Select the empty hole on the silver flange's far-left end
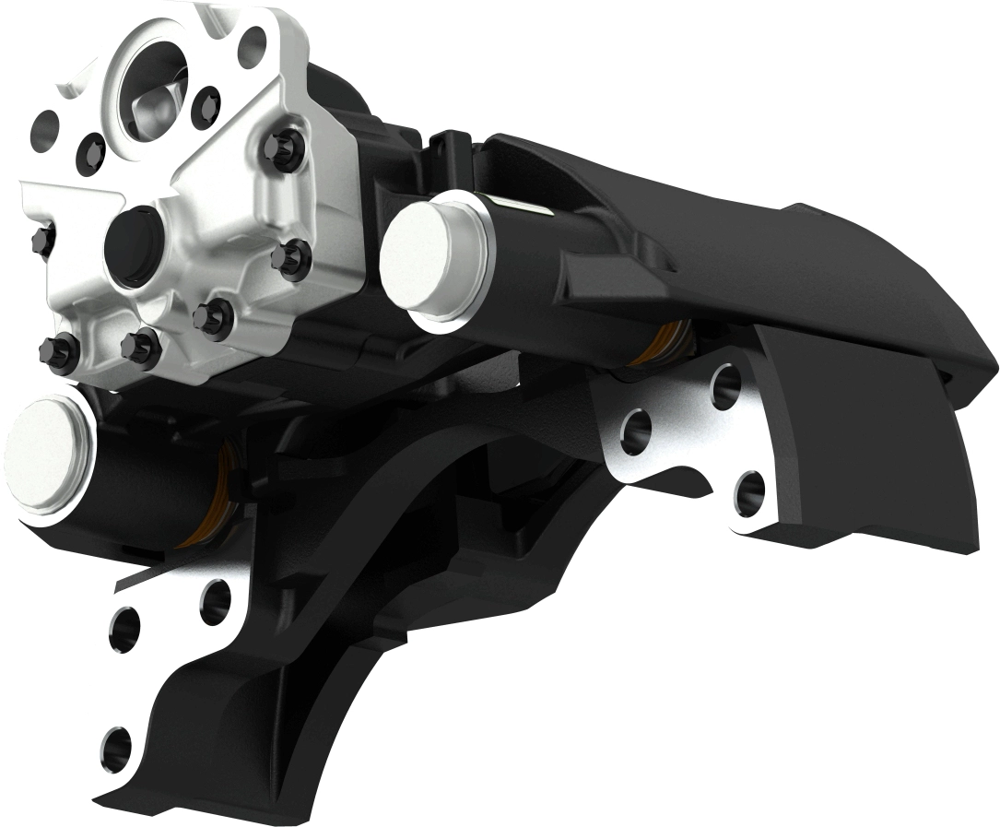coord(45,131)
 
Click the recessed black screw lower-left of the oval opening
coord(92,147)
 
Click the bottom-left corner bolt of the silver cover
coord(57,354)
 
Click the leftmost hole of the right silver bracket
coord(636,431)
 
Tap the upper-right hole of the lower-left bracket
coord(215,600)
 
